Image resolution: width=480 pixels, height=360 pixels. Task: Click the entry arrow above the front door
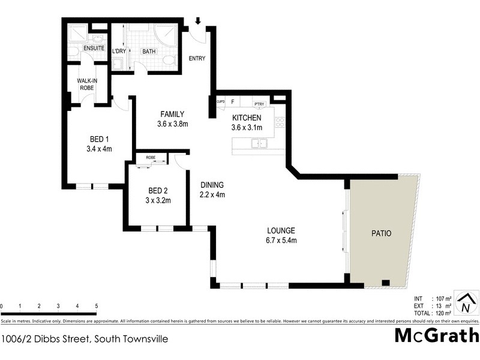click(198, 22)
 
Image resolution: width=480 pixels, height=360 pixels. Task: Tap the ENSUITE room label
click(94, 48)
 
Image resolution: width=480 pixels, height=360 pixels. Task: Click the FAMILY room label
click(172, 114)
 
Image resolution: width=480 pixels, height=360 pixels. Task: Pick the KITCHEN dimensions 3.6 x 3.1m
click(247, 127)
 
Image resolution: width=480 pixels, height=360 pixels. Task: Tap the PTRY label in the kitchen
click(259, 103)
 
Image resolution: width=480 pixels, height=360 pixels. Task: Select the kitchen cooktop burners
click(279, 123)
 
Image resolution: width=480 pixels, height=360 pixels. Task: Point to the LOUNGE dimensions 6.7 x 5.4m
click(282, 240)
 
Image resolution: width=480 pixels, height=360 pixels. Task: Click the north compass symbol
click(466, 303)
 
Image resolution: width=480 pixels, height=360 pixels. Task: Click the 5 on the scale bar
click(96, 307)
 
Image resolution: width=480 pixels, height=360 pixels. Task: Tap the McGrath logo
click(436, 335)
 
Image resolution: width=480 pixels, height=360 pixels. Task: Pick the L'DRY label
click(118, 52)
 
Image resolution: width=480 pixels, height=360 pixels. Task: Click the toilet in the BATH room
click(168, 60)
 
